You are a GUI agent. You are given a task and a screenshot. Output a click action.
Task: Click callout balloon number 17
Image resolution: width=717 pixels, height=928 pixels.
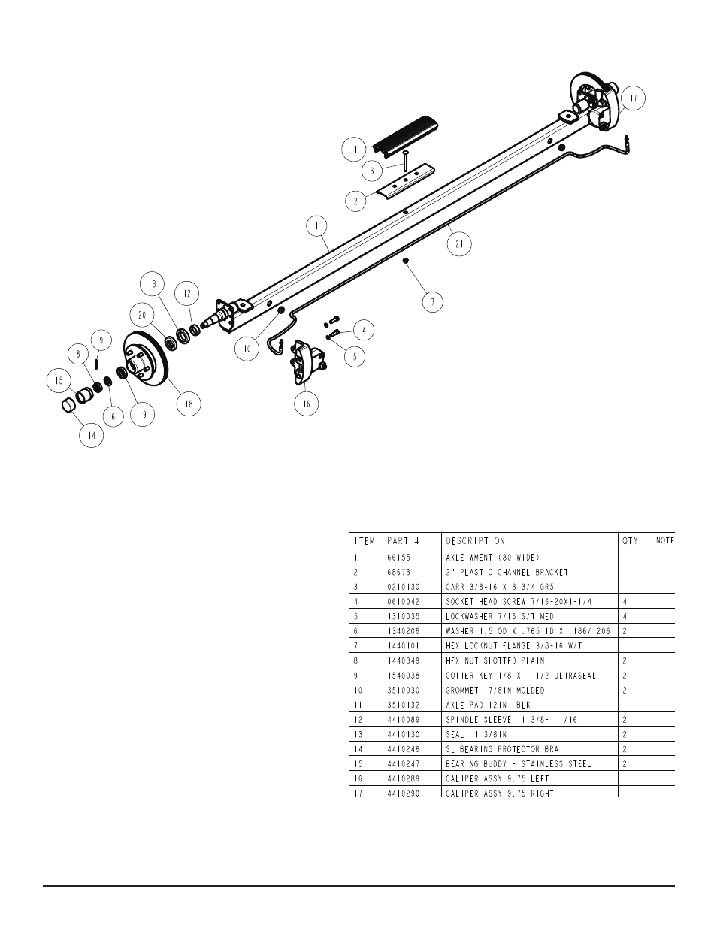pos(633,98)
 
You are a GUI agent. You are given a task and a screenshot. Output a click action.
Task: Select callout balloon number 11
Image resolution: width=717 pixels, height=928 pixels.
pos(352,150)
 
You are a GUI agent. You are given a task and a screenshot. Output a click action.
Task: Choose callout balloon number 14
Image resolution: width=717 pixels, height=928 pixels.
pos(92,435)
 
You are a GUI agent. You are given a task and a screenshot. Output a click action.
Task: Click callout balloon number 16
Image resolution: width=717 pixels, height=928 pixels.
pos(306,404)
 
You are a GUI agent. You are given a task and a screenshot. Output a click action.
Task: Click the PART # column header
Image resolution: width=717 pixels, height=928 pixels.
pos(402,540)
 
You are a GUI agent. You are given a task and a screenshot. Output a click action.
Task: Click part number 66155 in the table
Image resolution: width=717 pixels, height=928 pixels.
pos(398,558)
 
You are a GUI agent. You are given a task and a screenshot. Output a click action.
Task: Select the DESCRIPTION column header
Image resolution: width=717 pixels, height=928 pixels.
pos(475,540)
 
